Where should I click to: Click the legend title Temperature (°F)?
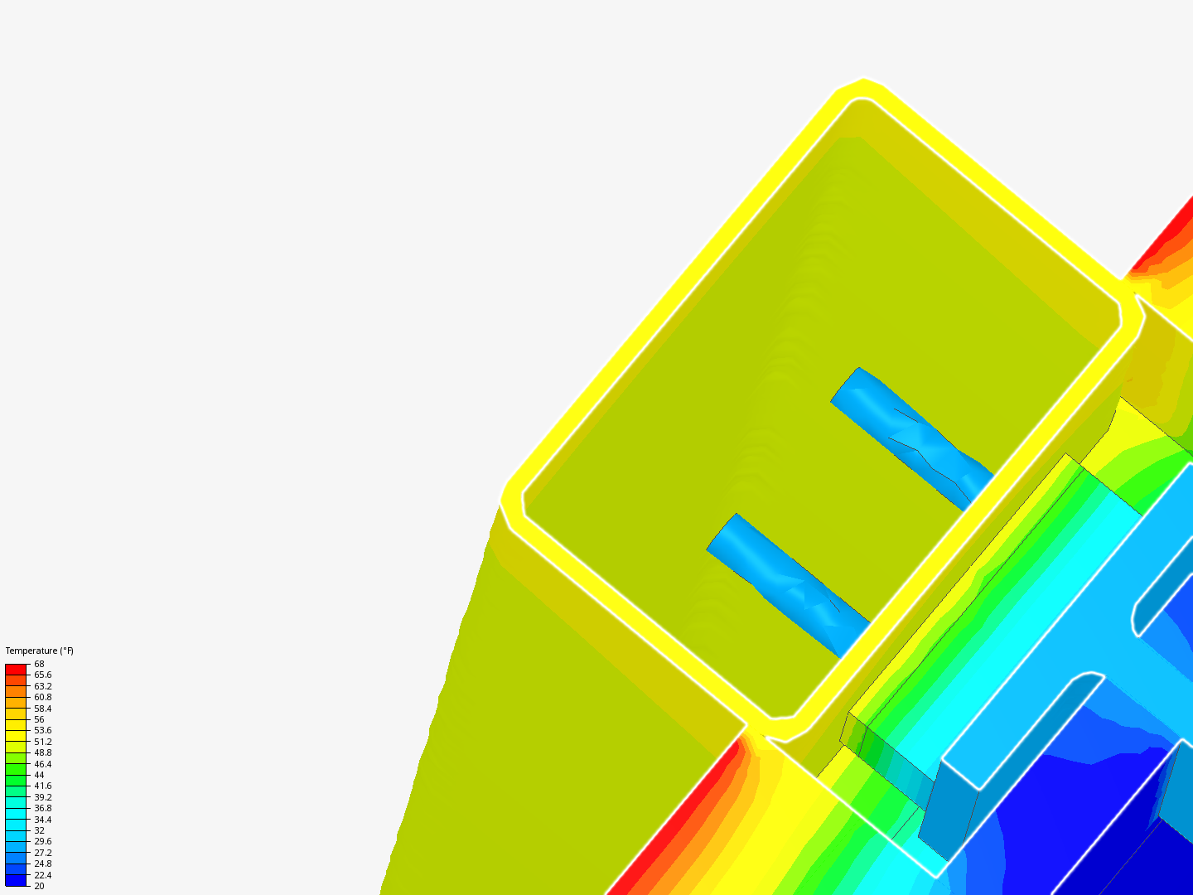39,651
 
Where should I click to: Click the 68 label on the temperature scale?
39,664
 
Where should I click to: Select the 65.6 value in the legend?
43,675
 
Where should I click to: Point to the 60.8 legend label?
43,697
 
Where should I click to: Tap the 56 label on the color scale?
39,719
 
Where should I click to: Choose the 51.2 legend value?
43,742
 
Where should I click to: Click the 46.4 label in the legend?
43,764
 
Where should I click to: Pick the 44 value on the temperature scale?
39,775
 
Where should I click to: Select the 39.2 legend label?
43,797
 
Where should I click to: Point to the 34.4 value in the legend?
43,820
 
